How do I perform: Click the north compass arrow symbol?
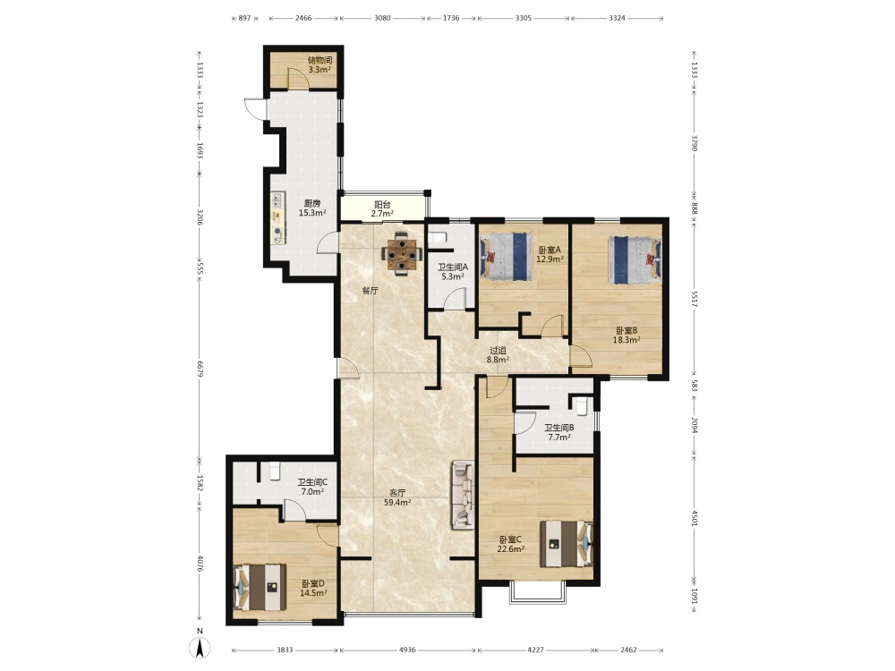point(200,648)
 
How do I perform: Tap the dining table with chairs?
point(403,254)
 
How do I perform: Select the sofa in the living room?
point(464,495)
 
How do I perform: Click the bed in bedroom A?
point(506,256)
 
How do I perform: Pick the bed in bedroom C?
point(567,544)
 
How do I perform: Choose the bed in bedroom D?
point(260,587)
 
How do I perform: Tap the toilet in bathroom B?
point(582,405)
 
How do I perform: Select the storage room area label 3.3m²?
point(320,70)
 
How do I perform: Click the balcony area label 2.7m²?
point(382,214)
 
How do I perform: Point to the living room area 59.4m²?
point(398,503)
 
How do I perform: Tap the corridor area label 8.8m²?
point(498,360)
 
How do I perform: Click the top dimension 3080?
point(382,18)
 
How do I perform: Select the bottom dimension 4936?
point(407,650)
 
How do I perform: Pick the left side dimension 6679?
point(200,368)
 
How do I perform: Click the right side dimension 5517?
point(695,300)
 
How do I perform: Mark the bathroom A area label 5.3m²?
point(453,276)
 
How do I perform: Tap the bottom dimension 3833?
point(285,650)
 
